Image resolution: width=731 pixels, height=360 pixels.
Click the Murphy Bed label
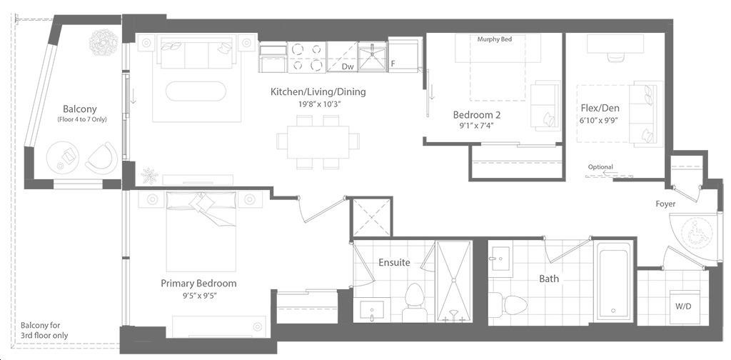coord(495,39)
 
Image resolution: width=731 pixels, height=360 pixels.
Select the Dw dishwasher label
coord(348,66)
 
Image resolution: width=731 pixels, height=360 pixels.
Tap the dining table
coord(318,141)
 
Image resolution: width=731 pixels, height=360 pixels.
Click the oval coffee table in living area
coord(196,91)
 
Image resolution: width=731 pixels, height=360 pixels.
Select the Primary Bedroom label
coord(198,284)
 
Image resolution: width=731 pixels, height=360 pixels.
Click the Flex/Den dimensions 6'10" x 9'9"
coord(600,121)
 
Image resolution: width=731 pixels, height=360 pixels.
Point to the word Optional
coord(600,167)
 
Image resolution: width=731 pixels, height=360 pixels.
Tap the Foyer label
coord(665,204)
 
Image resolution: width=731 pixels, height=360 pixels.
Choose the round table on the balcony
coord(63,157)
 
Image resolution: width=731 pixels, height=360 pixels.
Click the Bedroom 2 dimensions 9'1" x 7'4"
coord(476,126)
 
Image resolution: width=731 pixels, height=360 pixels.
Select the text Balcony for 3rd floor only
coord(44,331)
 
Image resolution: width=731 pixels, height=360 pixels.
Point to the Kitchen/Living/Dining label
coord(318,92)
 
